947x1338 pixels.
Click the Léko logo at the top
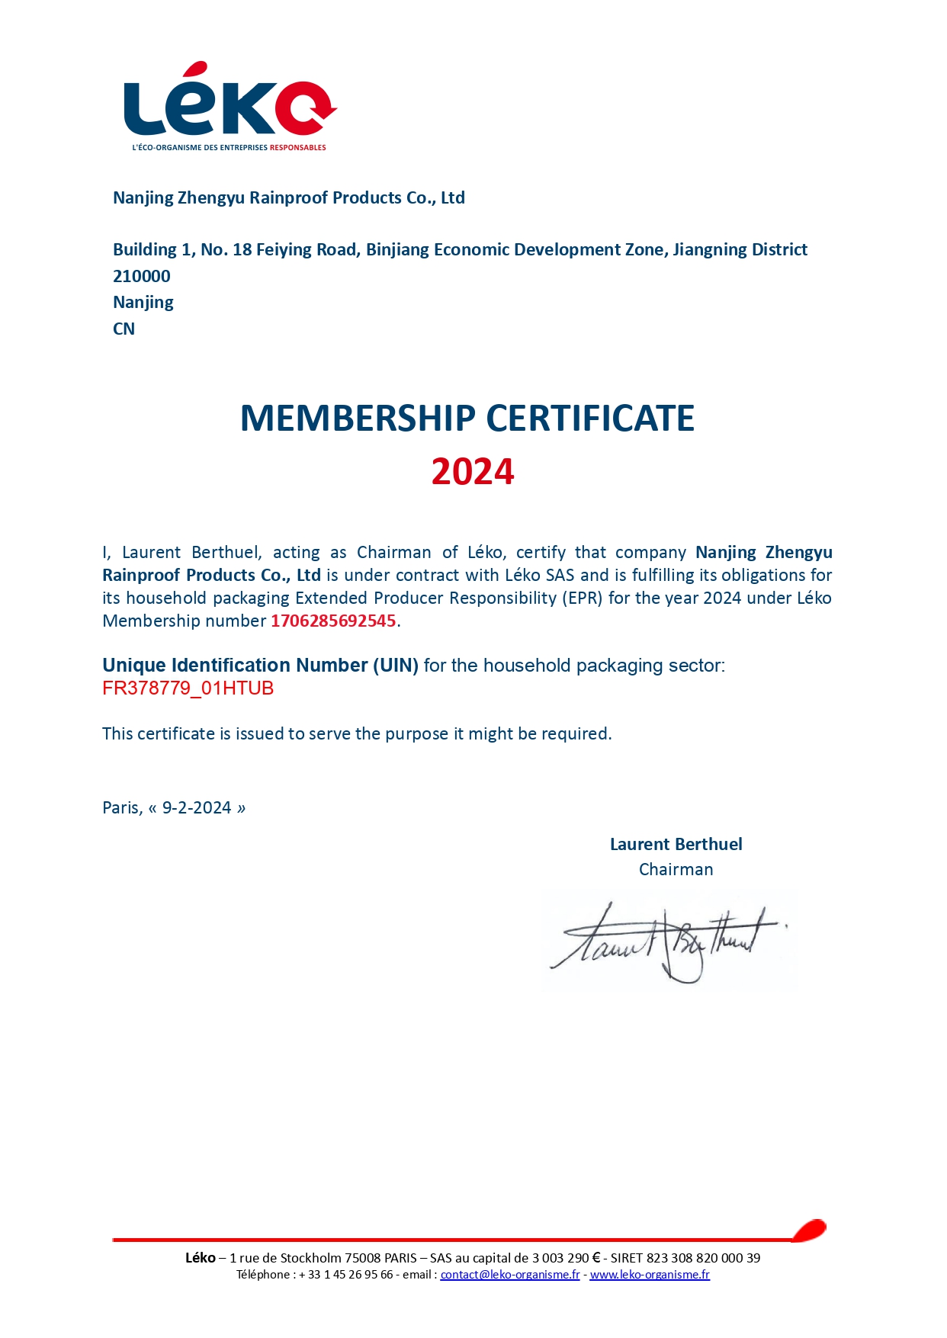click(230, 103)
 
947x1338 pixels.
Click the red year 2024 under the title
click(473, 472)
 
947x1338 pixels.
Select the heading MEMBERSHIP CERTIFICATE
click(467, 419)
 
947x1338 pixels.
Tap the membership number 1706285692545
click(333, 621)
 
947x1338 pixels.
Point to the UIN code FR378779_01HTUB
click(188, 688)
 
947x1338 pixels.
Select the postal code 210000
click(142, 276)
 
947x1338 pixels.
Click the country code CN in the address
click(124, 329)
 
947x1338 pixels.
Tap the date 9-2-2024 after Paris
click(197, 808)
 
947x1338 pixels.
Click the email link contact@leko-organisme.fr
click(509, 1275)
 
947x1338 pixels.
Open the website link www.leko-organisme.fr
click(650, 1275)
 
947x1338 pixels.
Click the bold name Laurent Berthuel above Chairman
click(676, 845)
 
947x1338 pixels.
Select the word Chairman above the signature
click(676, 870)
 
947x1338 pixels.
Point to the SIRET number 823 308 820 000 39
click(703, 1258)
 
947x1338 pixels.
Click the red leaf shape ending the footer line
click(809, 1230)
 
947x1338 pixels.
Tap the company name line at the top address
click(288, 198)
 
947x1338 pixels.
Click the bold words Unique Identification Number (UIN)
click(260, 666)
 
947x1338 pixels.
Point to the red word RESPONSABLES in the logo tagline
click(297, 147)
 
